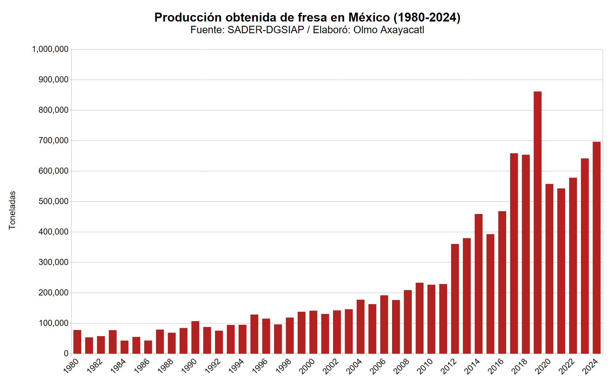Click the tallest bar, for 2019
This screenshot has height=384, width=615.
coord(538,223)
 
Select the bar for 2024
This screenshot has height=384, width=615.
coord(597,248)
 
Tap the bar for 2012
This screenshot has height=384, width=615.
coord(455,299)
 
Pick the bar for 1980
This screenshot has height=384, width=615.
coord(77,342)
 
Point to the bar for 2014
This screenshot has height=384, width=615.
coord(478,284)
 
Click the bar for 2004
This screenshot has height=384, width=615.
coord(360,327)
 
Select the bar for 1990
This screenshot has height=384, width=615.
coord(195,338)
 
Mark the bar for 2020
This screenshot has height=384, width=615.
coord(549,269)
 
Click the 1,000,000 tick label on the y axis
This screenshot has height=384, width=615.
coord(50,49)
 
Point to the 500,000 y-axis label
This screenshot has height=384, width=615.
coord(53,201)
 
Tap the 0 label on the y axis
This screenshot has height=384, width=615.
coord(66,354)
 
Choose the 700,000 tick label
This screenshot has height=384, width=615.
coord(53,141)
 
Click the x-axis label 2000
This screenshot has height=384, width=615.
coord(307,366)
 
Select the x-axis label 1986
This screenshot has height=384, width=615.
coord(142,366)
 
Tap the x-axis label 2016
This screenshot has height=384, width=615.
coord(496,366)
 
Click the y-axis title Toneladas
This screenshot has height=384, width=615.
coord(12,210)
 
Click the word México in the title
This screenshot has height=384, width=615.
coord(369,18)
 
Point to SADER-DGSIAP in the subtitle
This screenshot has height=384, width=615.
coord(266,30)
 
